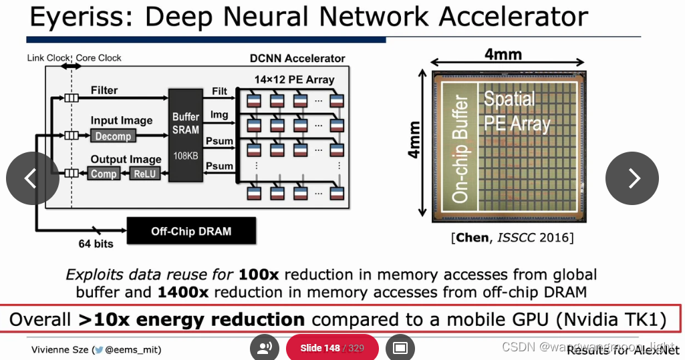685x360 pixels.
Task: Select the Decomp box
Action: point(113,136)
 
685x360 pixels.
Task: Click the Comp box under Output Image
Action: point(104,174)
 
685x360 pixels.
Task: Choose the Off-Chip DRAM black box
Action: point(191,232)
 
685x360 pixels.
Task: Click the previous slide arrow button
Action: point(32,178)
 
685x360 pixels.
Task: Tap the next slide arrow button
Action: point(632,178)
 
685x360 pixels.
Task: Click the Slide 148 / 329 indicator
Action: point(332,348)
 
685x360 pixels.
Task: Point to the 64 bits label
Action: point(96,244)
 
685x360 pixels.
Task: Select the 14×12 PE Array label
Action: point(294,79)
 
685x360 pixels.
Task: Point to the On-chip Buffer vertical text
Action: point(460,148)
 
